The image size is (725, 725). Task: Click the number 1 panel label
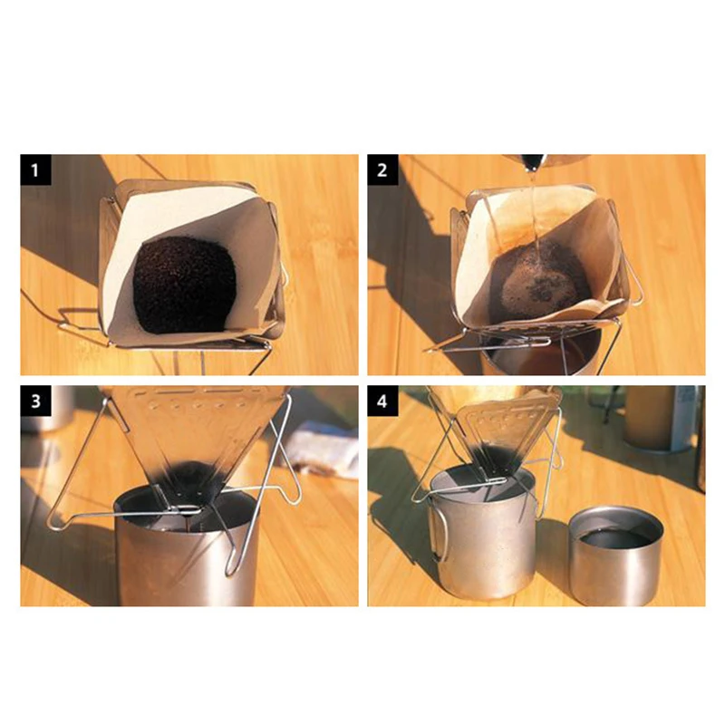click(x=35, y=169)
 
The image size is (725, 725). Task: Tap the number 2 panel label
click(x=382, y=169)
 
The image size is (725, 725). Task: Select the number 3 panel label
click(x=35, y=401)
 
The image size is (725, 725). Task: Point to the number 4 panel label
click(x=382, y=401)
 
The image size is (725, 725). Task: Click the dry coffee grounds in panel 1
click(x=184, y=285)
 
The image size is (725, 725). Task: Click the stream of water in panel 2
click(x=534, y=213)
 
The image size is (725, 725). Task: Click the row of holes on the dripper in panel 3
click(x=194, y=403)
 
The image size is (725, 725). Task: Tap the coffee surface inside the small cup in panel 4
click(x=615, y=537)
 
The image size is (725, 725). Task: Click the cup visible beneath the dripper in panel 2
click(x=541, y=353)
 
